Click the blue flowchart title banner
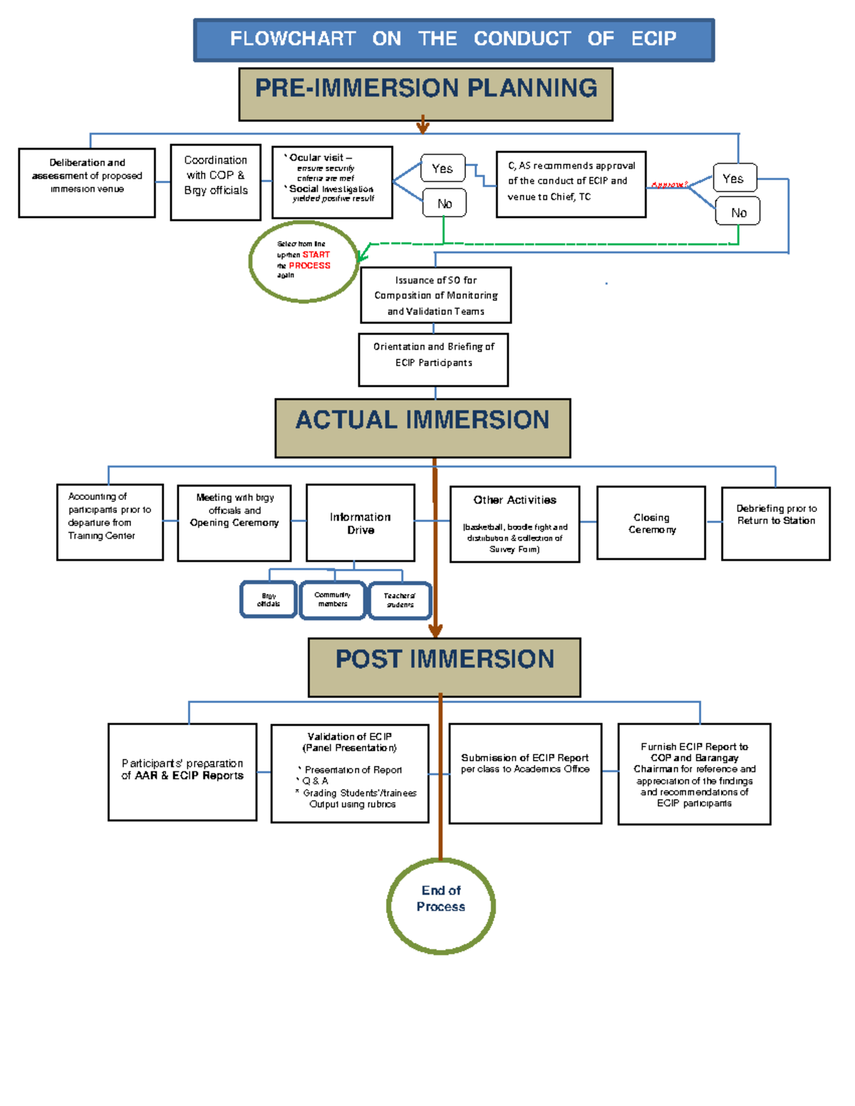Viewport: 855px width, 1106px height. coord(453,40)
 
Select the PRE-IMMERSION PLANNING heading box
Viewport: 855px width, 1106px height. coord(425,94)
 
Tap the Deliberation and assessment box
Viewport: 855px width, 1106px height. coord(87,182)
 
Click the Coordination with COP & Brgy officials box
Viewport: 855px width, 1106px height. coord(215,182)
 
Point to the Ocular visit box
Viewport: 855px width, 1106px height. coord(332,182)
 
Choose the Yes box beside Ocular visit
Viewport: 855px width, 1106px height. coord(442,169)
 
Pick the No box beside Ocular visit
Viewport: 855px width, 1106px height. coord(444,204)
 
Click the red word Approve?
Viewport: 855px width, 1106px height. coord(669,185)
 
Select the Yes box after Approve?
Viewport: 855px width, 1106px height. coord(734,178)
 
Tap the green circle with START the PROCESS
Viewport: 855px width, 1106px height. coord(304,261)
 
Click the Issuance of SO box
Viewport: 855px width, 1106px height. coord(435,295)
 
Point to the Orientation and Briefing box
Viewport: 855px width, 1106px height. coord(433,359)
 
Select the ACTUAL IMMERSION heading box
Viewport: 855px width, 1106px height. coord(423,427)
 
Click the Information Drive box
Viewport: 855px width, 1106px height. coord(360,523)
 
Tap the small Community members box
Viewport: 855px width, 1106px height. coord(332,600)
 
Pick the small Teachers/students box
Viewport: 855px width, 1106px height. coord(400,600)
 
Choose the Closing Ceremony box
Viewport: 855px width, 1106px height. coord(651,523)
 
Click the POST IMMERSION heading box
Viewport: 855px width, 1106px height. coord(444,667)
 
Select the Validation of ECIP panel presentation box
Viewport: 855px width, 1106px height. coord(350,773)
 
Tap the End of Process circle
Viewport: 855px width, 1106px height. coord(441,905)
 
